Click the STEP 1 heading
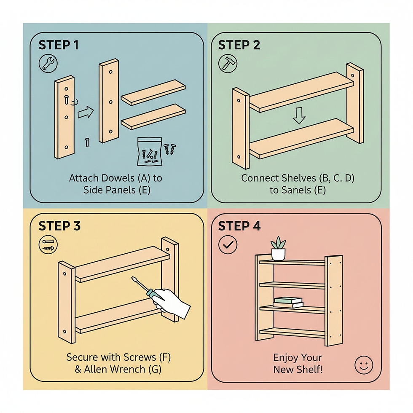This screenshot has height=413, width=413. coord(59,45)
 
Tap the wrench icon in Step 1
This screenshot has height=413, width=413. coord(48,64)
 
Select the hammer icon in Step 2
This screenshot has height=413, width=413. coord(228,64)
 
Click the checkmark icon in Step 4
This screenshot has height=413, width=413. coord(228,245)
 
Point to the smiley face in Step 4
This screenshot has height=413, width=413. coord(364,365)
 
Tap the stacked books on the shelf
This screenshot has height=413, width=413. coord(288,303)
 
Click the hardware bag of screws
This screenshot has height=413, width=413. coord(150,151)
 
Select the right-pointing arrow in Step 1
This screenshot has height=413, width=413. coord(86,113)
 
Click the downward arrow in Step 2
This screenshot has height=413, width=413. coord(299,115)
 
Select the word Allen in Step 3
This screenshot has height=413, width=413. coord(96,369)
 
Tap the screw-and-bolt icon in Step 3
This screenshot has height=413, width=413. coord(48,245)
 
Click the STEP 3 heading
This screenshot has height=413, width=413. coord(59,226)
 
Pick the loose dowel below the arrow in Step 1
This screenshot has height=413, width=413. coord(87,142)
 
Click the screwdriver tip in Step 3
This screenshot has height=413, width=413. coord(132,277)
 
